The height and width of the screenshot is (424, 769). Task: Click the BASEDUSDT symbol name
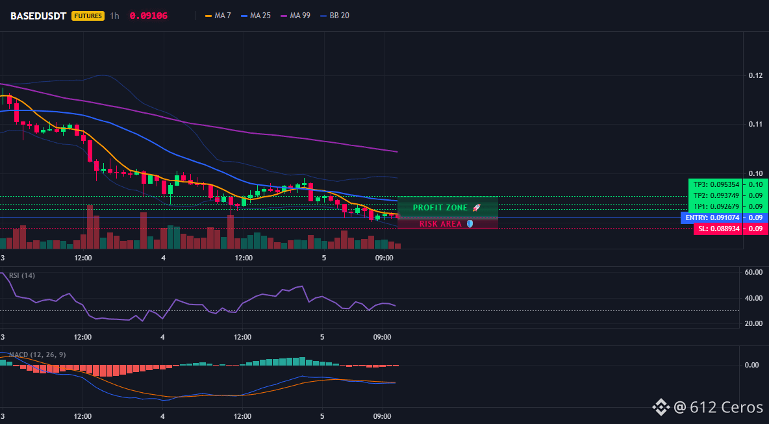(38, 16)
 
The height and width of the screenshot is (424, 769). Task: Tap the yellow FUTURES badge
(88, 16)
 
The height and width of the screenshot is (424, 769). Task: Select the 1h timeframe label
(114, 16)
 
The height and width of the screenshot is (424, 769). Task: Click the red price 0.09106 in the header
(149, 16)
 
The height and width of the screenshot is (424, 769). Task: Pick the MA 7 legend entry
(218, 16)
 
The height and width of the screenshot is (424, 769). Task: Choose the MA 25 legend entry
(255, 16)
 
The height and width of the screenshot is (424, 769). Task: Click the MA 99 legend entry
(296, 16)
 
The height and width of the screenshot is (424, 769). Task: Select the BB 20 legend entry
(335, 16)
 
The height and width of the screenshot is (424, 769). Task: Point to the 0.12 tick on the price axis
(755, 75)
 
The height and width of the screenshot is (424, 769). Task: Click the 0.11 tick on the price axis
(755, 124)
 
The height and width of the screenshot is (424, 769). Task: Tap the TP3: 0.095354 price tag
(716, 184)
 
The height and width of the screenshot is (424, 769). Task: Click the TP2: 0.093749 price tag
(716, 195)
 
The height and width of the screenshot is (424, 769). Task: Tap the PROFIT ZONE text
(440, 208)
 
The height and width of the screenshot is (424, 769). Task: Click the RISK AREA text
(440, 224)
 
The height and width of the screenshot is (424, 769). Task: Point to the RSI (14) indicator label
(22, 275)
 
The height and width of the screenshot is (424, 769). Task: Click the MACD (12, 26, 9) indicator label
(38, 355)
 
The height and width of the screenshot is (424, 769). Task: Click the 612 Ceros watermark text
(726, 407)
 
